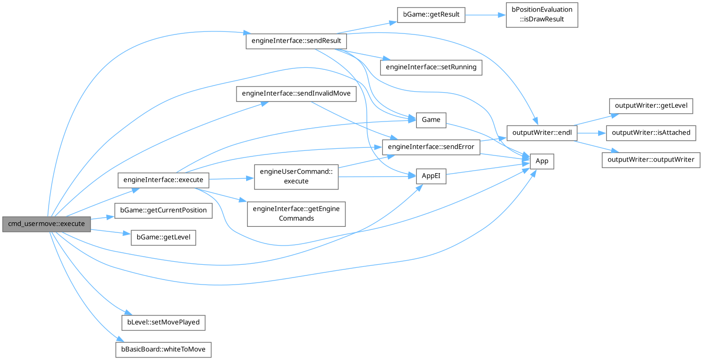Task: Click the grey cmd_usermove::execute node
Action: pos(46,224)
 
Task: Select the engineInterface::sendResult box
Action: pos(296,41)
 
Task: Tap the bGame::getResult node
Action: pos(431,15)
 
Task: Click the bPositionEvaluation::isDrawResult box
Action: pos(542,15)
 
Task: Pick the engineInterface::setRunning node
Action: pos(431,67)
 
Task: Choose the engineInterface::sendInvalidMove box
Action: pos(296,94)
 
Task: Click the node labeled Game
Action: pos(431,120)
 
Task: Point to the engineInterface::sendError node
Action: pos(431,147)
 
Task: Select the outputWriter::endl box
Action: pos(542,133)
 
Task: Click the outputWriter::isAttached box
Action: pos(651,133)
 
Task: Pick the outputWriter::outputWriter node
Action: pos(651,159)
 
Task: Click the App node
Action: pos(542,162)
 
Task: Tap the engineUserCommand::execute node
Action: pos(296,176)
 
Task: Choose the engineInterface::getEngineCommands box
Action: pos(296,213)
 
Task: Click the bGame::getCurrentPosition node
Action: pos(164,210)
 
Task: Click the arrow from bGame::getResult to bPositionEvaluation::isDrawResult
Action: pos(485,15)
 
